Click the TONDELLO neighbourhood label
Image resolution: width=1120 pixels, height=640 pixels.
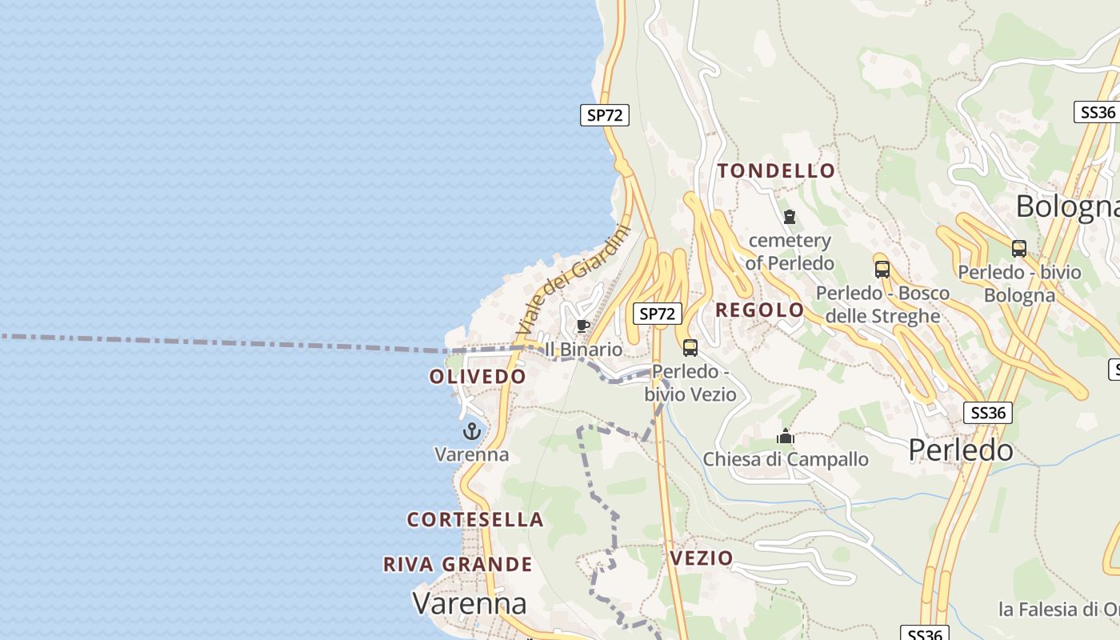point(776,170)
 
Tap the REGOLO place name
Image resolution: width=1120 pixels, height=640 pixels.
point(759,310)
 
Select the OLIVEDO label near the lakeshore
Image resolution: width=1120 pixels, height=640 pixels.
point(478,377)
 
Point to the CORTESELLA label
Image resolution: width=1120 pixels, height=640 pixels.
point(475,520)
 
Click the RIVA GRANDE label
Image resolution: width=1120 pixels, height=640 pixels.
point(458,565)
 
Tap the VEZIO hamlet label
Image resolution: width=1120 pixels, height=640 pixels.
point(702,558)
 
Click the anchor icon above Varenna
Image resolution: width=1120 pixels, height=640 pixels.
point(472,432)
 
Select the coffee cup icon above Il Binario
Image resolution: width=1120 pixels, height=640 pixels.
point(583,326)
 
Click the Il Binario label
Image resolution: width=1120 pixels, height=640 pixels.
point(583,350)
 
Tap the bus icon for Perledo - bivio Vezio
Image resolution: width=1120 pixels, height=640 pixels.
point(690,348)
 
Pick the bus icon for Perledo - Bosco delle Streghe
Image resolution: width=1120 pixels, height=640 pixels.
point(882,269)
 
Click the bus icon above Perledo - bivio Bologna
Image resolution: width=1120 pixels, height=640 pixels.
point(1018,249)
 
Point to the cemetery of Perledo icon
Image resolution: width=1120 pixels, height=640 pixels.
point(790,217)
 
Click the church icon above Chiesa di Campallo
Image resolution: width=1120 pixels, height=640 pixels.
point(786,436)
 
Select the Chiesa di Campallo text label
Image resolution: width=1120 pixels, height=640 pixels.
point(786,459)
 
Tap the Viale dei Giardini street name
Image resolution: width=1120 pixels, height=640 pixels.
point(573,280)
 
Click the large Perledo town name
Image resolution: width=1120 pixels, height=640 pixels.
point(961,450)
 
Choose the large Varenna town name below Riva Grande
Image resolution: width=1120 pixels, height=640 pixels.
point(470,603)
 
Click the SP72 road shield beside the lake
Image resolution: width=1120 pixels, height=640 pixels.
point(605,115)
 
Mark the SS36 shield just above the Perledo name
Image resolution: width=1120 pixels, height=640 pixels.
point(988,413)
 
